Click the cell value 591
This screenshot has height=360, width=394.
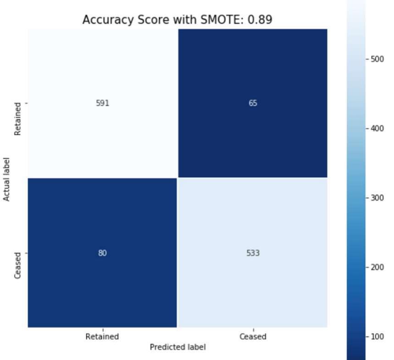pyautogui.click(x=102, y=103)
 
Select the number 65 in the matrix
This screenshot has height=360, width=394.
pyautogui.click(x=253, y=103)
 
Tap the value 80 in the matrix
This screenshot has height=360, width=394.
pyautogui.click(x=102, y=253)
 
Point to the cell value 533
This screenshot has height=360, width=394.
pyautogui.click(x=253, y=253)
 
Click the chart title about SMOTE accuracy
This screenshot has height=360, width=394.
pyautogui.click(x=177, y=20)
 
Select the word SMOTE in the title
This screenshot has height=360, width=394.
pyautogui.click(x=221, y=20)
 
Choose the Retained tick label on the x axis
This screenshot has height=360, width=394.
pyautogui.click(x=102, y=337)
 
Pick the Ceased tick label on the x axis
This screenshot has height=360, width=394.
pyautogui.click(x=253, y=337)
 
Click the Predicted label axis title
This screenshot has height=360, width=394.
pyautogui.click(x=178, y=347)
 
